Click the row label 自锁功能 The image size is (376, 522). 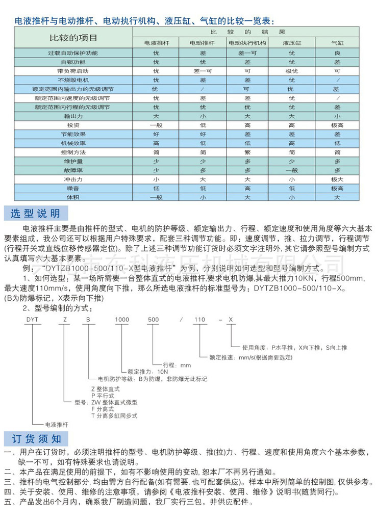pos(73,62)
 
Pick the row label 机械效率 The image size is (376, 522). pos(73,143)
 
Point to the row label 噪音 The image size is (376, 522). pos(73,188)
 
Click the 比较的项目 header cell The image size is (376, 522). pos(73,38)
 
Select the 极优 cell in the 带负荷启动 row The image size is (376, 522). pos(292,71)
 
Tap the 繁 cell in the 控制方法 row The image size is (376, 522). pos(247,152)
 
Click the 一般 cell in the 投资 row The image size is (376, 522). pos(156,125)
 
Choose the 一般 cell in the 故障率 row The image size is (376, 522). pos(292,170)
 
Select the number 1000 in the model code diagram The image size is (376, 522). pos(122,320)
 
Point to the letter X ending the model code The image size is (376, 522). pos(231,320)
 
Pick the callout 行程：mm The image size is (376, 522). pos(177,364)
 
